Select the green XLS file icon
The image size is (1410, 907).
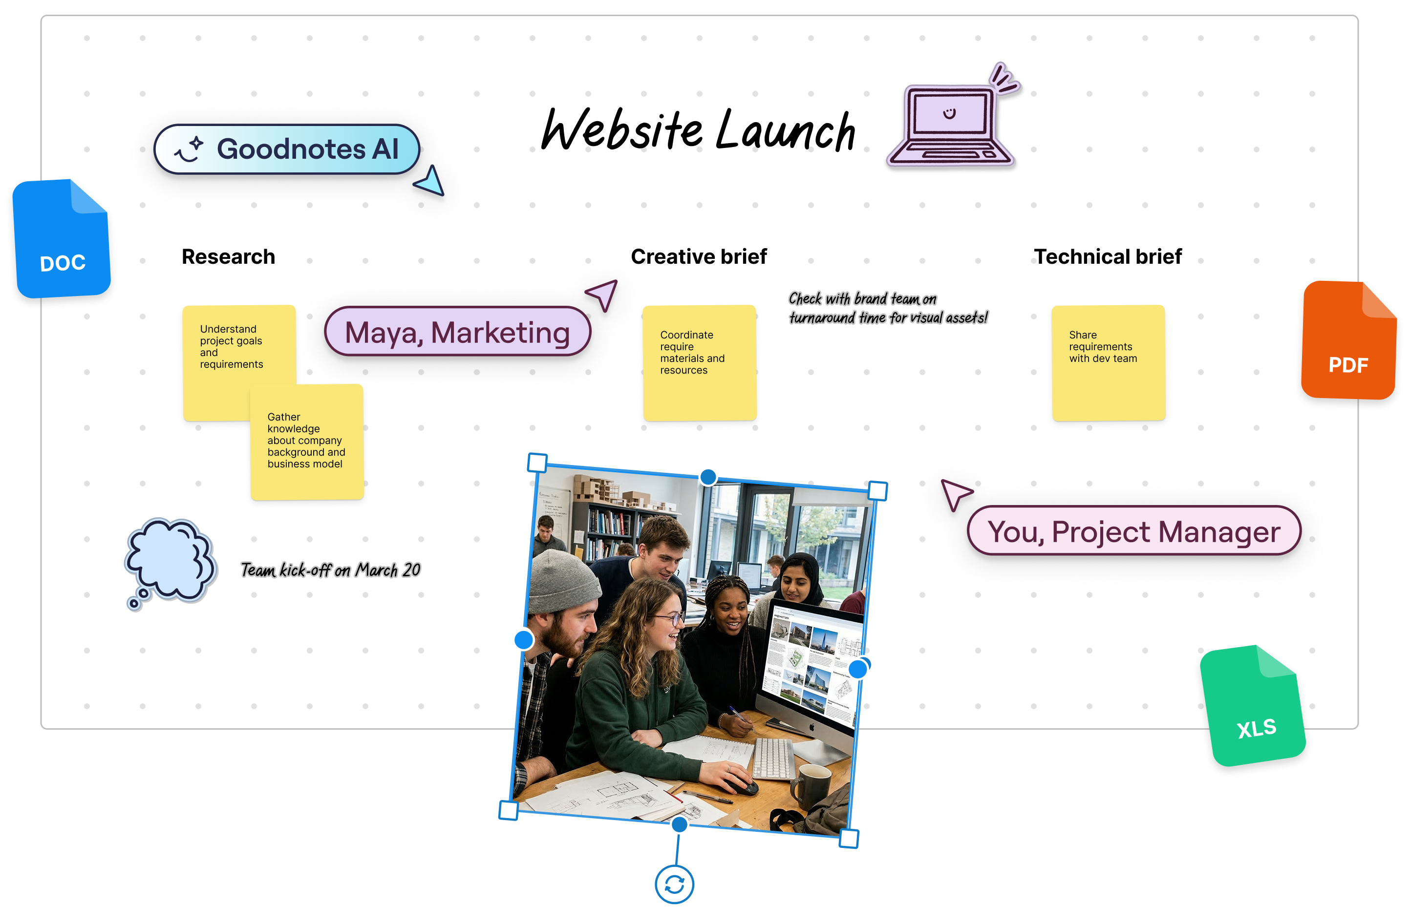click(1253, 707)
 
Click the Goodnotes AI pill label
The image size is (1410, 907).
click(287, 149)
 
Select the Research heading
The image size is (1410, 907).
click(228, 257)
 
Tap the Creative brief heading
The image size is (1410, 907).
click(699, 257)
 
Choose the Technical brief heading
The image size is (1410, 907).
click(1107, 257)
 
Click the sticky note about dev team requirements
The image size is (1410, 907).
click(1108, 362)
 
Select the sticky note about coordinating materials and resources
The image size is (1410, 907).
click(699, 362)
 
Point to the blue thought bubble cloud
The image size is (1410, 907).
click(170, 560)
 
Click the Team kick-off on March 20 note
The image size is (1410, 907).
click(330, 570)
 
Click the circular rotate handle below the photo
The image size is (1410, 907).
click(674, 884)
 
